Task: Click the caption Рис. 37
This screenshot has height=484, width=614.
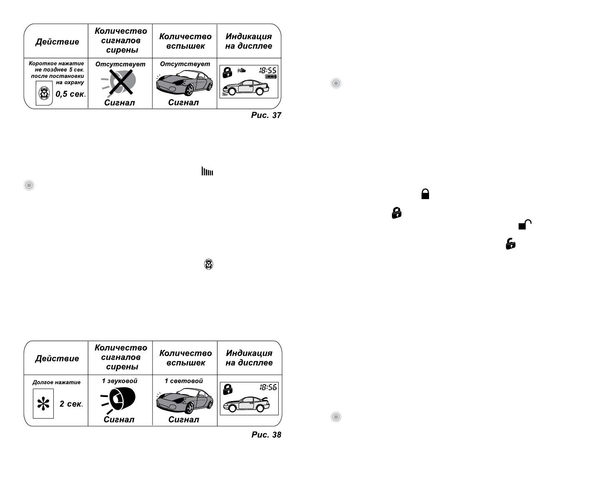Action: [266, 115]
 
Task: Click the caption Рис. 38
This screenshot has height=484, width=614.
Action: [266, 435]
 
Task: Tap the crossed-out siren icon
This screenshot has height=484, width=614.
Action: [120, 82]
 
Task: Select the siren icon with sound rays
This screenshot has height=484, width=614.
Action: [120, 400]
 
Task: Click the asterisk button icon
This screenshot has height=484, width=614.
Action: [43, 404]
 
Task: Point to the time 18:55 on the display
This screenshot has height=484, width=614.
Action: [268, 70]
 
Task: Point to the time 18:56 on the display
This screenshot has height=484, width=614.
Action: [268, 387]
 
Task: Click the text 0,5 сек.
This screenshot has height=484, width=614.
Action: [70, 94]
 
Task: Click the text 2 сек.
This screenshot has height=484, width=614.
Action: [71, 404]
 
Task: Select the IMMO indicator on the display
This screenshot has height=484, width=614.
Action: [271, 77]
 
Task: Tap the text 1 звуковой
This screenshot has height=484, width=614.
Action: [120, 381]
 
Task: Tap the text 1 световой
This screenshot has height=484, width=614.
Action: [184, 381]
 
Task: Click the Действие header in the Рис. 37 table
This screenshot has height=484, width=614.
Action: [57, 42]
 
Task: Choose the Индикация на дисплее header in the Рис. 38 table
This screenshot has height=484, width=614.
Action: [249, 358]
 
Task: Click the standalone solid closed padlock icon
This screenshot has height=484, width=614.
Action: [425, 194]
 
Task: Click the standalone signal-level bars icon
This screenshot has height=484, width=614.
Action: [207, 171]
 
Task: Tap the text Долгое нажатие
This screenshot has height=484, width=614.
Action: [57, 382]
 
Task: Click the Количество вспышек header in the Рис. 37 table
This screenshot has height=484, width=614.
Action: [185, 41]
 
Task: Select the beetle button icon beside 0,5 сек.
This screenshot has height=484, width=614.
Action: [44, 94]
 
